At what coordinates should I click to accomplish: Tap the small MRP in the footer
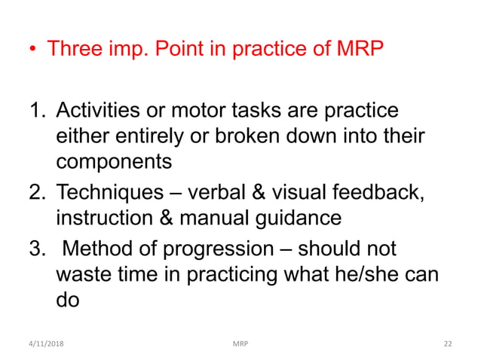(x=241, y=343)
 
